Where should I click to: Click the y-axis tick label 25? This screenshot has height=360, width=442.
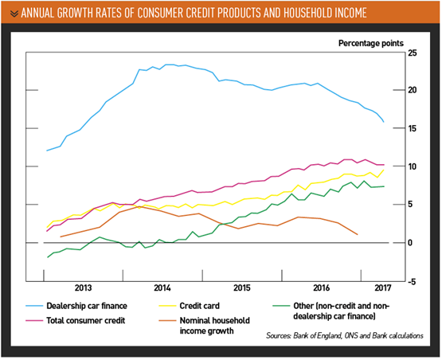tap(412, 53)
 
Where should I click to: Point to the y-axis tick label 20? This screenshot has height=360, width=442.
tap(412, 90)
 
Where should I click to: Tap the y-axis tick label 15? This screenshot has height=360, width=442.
tap(412, 128)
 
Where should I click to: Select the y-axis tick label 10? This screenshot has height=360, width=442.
tap(412, 166)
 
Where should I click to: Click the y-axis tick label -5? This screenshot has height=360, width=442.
tap(412, 281)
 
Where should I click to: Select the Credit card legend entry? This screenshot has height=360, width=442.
tap(216, 306)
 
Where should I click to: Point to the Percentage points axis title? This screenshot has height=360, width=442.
tap(371, 41)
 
